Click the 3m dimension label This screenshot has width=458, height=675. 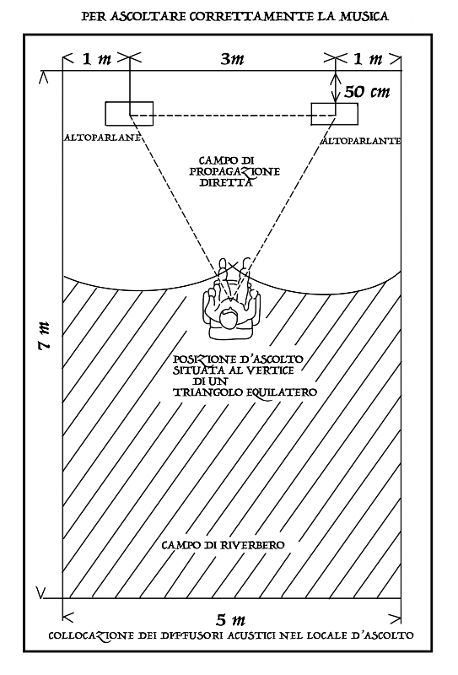tap(233, 59)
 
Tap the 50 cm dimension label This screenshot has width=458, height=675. tap(367, 92)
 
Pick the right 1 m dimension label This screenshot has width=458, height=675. tap(368, 58)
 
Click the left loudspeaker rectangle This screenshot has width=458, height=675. tap(129, 114)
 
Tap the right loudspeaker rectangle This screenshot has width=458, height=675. tap(335, 114)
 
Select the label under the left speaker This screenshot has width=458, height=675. tap(103, 138)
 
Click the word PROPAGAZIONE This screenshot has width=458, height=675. tap(235, 172)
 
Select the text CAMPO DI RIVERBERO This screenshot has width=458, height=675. tap(223, 545)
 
